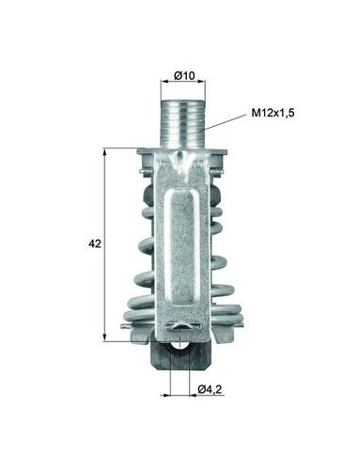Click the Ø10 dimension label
click(184, 75)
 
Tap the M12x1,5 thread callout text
click(273, 113)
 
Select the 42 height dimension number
click(95, 243)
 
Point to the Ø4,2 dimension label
click(210, 389)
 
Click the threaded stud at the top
click(183, 124)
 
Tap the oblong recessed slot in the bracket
click(182, 246)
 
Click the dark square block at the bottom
click(180, 356)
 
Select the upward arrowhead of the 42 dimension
click(104, 152)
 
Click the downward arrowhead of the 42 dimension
click(104, 337)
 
